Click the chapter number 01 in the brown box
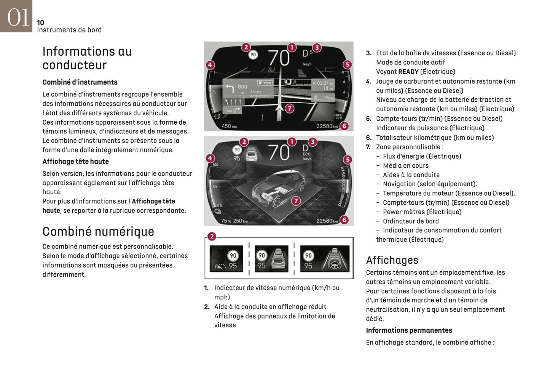(18, 17)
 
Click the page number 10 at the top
(40, 22)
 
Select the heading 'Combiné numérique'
(98, 232)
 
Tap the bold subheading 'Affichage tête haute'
(75, 162)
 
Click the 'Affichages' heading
(392, 260)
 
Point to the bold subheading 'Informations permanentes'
(409, 330)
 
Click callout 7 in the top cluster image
(290, 109)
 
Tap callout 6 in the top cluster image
(344, 126)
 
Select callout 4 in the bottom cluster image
(210, 158)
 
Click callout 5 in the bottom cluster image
(347, 160)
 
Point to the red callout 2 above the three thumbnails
(212, 237)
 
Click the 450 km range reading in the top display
(229, 126)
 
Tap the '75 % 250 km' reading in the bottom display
(234, 221)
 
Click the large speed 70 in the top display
(279, 58)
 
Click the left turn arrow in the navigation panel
(230, 89)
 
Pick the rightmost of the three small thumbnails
(325, 259)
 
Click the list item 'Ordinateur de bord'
(411, 221)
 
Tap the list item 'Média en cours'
(405, 166)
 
